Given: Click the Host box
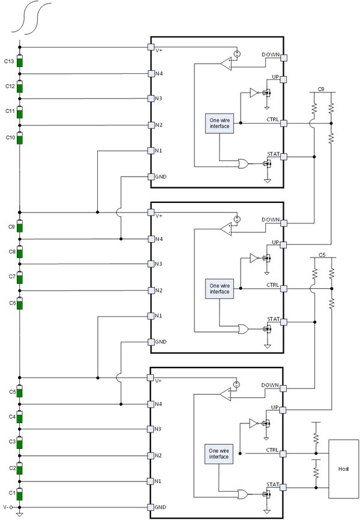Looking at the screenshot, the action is coord(343,468).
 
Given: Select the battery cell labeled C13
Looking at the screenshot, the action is coord(20,61).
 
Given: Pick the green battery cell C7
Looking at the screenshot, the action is coord(20,278).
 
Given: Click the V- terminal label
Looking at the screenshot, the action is coord(5,507).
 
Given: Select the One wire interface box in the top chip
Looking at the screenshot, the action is coord(220,123).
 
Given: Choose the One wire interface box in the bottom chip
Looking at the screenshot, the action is coord(219,454).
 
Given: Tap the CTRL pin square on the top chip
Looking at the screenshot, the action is coord(283,123).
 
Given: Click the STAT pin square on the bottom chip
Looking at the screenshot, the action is coord(283,488).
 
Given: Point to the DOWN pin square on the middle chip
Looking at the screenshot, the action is coord(283,223).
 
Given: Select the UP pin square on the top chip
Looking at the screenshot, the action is coord(283,79).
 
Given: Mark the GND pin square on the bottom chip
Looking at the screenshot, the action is coord(151,507).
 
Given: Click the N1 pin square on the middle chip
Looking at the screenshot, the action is coord(151,316).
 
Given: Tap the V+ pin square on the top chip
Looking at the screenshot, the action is coord(151,47).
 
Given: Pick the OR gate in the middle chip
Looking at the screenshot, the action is coord(244,329).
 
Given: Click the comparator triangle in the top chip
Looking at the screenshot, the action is coord(226,64).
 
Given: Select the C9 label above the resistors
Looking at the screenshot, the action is coord(321,89).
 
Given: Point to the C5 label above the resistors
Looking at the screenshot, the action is coord(322,255).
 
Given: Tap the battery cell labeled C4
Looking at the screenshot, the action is coord(20,417).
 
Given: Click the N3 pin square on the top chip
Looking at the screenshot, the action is coord(151,98).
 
